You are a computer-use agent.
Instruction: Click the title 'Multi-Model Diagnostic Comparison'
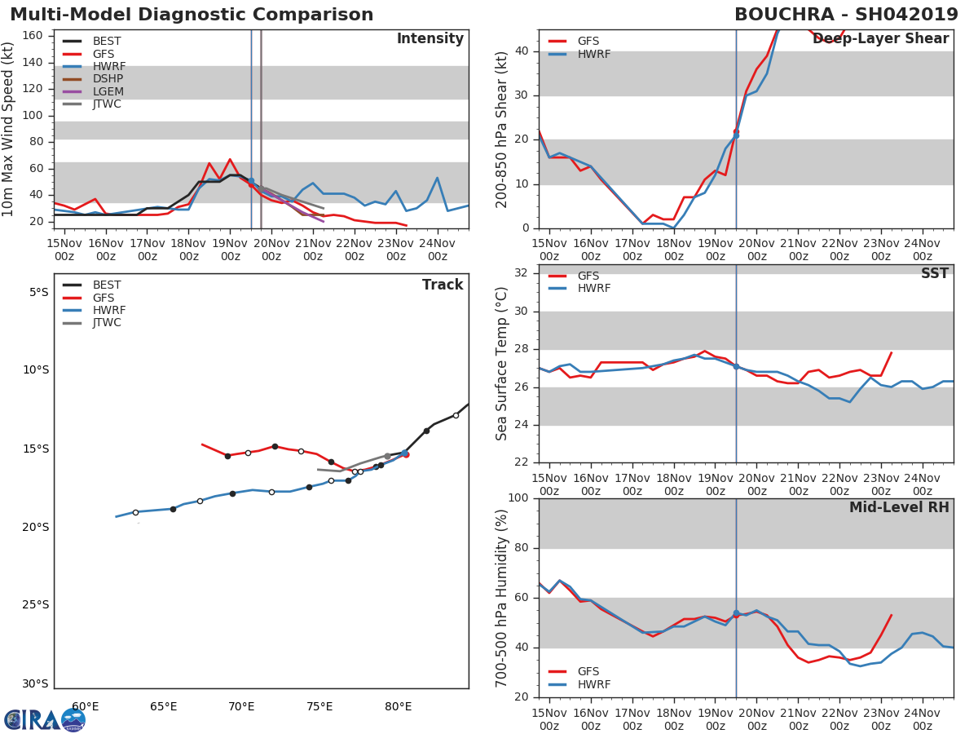coord(192,15)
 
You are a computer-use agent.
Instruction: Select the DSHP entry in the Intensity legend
coord(108,79)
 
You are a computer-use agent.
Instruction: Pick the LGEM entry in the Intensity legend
coord(108,91)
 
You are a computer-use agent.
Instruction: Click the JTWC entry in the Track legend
coord(107,323)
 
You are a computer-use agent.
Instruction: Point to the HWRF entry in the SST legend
coord(593,289)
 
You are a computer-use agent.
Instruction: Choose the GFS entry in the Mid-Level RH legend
coord(588,672)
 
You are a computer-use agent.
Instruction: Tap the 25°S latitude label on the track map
coord(35,604)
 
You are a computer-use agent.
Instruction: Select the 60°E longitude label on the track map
coord(86,706)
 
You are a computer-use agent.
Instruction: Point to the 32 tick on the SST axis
coord(520,273)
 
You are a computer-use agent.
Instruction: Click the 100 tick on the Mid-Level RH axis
coord(516,498)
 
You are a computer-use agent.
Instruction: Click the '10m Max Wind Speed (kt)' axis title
coord(9,129)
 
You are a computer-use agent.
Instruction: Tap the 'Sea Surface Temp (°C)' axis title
coord(501,364)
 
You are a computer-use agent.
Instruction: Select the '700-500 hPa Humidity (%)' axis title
coord(501,598)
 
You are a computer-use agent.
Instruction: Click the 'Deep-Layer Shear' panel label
coord(880,39)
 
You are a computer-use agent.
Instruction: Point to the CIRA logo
coord(45,719)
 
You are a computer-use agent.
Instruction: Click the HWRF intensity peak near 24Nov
coord(437,178)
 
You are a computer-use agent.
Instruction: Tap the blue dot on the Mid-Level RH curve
coord(736,613)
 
